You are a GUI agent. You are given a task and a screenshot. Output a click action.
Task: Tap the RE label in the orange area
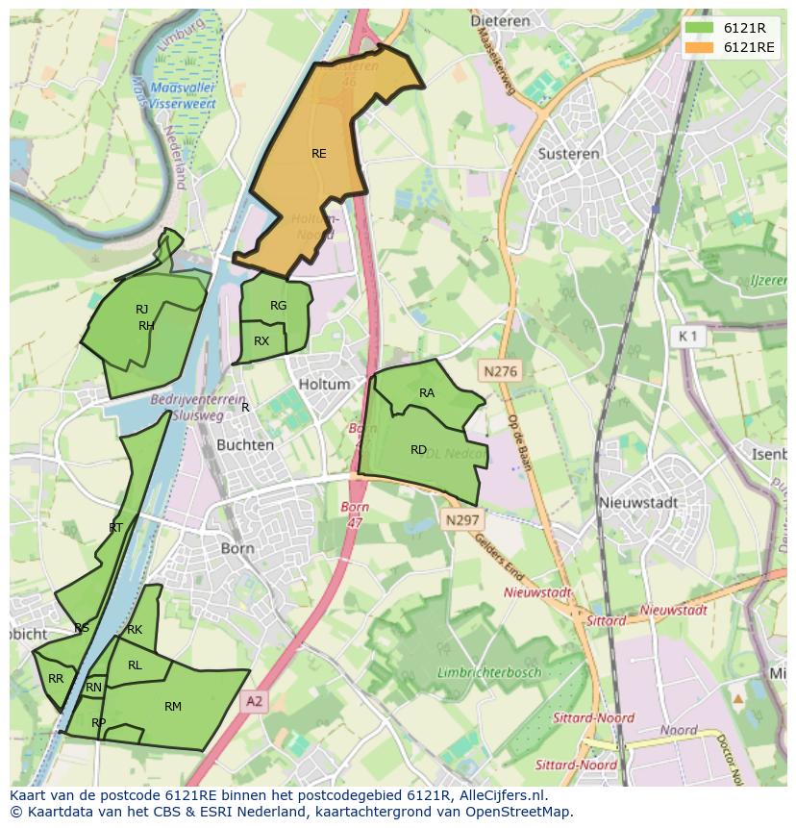click(x=319, y=153)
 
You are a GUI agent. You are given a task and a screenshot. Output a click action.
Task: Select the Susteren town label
click(x=568, y=153)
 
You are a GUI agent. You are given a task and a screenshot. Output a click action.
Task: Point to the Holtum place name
click(x=324, y=384)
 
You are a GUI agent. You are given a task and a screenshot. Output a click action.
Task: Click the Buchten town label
click(x=245, y=445)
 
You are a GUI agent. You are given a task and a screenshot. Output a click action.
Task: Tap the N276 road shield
click(x=500, y=370)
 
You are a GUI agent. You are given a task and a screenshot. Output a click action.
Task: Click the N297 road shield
click(x=462, y=519)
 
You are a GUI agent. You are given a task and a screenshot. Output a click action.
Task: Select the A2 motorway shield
click(x=253, y=702)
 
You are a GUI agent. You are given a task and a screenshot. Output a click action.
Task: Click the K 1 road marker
click(x=686, y=336)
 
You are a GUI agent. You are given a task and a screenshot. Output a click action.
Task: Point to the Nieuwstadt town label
click(x=637, y=502)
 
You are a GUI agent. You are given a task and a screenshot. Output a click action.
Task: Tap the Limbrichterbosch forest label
click(x=489, y=672)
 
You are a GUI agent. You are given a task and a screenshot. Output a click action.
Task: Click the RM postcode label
click(x=173, y=707)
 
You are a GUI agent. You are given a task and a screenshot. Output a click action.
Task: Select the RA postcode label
click(x=427, y=392)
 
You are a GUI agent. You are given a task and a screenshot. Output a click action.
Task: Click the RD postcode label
click(x=418, y=449)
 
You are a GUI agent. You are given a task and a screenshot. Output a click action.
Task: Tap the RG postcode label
click(x=278, y=306)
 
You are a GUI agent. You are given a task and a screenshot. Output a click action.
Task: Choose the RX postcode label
click(x=261, y=341)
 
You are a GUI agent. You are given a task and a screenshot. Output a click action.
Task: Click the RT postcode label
click(x=115, y=527)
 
